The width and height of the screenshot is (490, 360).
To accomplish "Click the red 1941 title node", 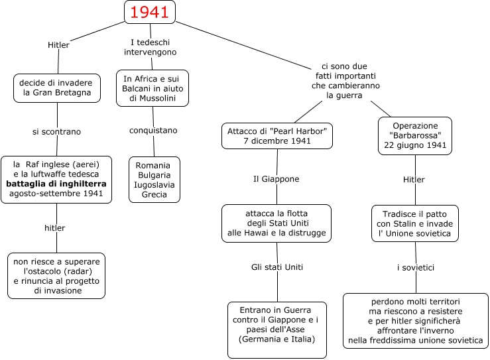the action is coord(149,12).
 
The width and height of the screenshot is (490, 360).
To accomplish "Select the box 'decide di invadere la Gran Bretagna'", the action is coord(56,88).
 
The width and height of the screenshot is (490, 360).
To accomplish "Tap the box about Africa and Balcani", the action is coord(153,88).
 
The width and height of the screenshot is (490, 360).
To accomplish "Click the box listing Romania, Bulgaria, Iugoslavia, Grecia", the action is coord(154,180).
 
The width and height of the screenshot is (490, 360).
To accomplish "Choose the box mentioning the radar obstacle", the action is coord(56,274).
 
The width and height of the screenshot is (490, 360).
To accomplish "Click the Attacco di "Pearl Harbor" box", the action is coord(276,136).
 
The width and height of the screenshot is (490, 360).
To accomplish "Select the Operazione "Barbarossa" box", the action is coord(415,135).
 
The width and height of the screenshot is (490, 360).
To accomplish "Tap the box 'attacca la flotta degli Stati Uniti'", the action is coord(276,223).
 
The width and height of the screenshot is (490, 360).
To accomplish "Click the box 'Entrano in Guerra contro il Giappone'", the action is coord(277,330).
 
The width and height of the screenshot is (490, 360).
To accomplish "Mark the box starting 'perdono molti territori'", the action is coord(415,321).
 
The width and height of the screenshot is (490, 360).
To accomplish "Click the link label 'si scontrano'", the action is coord(56,131).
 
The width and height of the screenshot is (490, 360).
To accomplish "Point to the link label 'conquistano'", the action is coord(154,129).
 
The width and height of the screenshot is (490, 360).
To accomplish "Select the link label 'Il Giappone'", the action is coord(276,179).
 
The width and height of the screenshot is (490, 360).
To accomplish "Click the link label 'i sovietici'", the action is coord(416,268).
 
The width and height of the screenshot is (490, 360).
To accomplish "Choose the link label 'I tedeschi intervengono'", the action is coord(153,47).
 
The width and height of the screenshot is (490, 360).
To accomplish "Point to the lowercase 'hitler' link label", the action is coord(55,227).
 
